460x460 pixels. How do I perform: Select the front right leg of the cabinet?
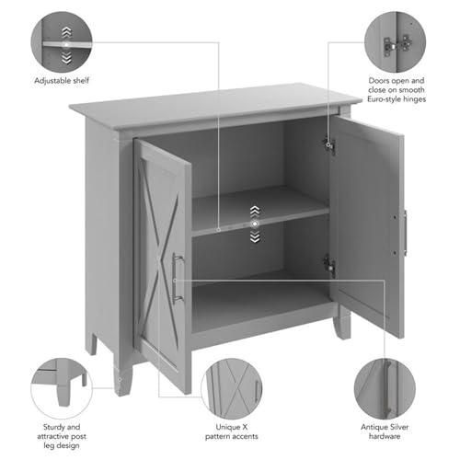[342, 324]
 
